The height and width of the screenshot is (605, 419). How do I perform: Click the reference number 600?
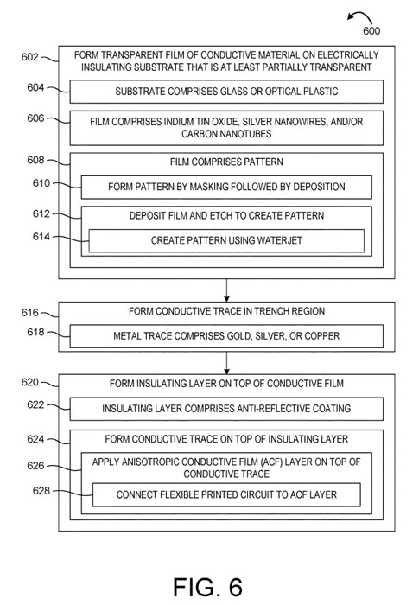tap(371, 31)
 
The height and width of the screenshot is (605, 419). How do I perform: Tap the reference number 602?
tap(29, 57)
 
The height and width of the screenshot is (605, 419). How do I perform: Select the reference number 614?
tap(41, 237)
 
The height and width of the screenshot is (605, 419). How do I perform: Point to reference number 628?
tap(41, 491)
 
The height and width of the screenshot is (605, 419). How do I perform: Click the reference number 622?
tap(35, 404)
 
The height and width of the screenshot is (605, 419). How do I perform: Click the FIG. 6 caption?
tap(207, 587)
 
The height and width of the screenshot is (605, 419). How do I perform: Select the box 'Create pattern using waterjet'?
tap(226, 241)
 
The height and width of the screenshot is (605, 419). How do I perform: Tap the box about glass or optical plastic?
tap(226, 92)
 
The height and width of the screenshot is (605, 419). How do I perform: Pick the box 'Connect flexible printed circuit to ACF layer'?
tap(226, 494)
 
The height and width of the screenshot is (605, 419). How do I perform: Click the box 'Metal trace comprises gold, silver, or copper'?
tap(226, 336)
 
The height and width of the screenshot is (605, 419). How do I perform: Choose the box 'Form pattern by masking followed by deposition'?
tap(226, 188)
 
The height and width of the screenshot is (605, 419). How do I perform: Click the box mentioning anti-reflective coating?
tap(226, 409)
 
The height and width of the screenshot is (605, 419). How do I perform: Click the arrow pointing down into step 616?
tap(226, 290)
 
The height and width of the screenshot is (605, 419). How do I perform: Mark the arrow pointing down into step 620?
tap(226, 363)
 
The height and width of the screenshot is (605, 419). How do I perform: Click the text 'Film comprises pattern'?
tap(226, 162)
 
